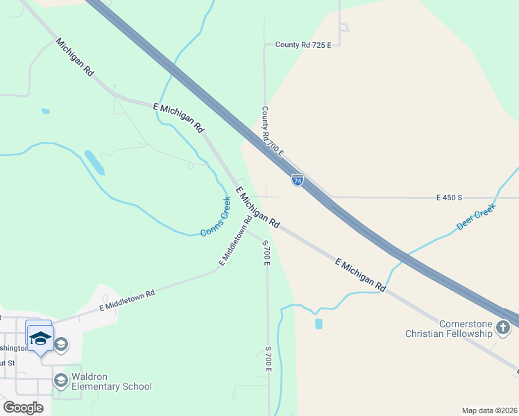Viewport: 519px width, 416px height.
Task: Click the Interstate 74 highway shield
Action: point(298,180)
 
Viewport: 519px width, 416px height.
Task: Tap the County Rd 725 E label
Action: point(303,45)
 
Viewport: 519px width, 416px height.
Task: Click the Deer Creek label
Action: point(476,217)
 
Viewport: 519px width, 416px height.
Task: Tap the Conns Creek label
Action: point(216,217)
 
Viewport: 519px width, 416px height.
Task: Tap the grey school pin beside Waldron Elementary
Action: point(60,380)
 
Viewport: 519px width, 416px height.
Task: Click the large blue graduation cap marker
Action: point(40,338)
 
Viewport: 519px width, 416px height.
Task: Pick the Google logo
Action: point(23,408)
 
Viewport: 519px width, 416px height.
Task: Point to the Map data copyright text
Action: point(489,410)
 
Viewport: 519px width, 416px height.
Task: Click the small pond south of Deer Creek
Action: point(318,323)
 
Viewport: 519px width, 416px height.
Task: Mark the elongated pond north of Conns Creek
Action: point(94,162)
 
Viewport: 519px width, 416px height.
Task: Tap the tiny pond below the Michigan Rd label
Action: point(45,111)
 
